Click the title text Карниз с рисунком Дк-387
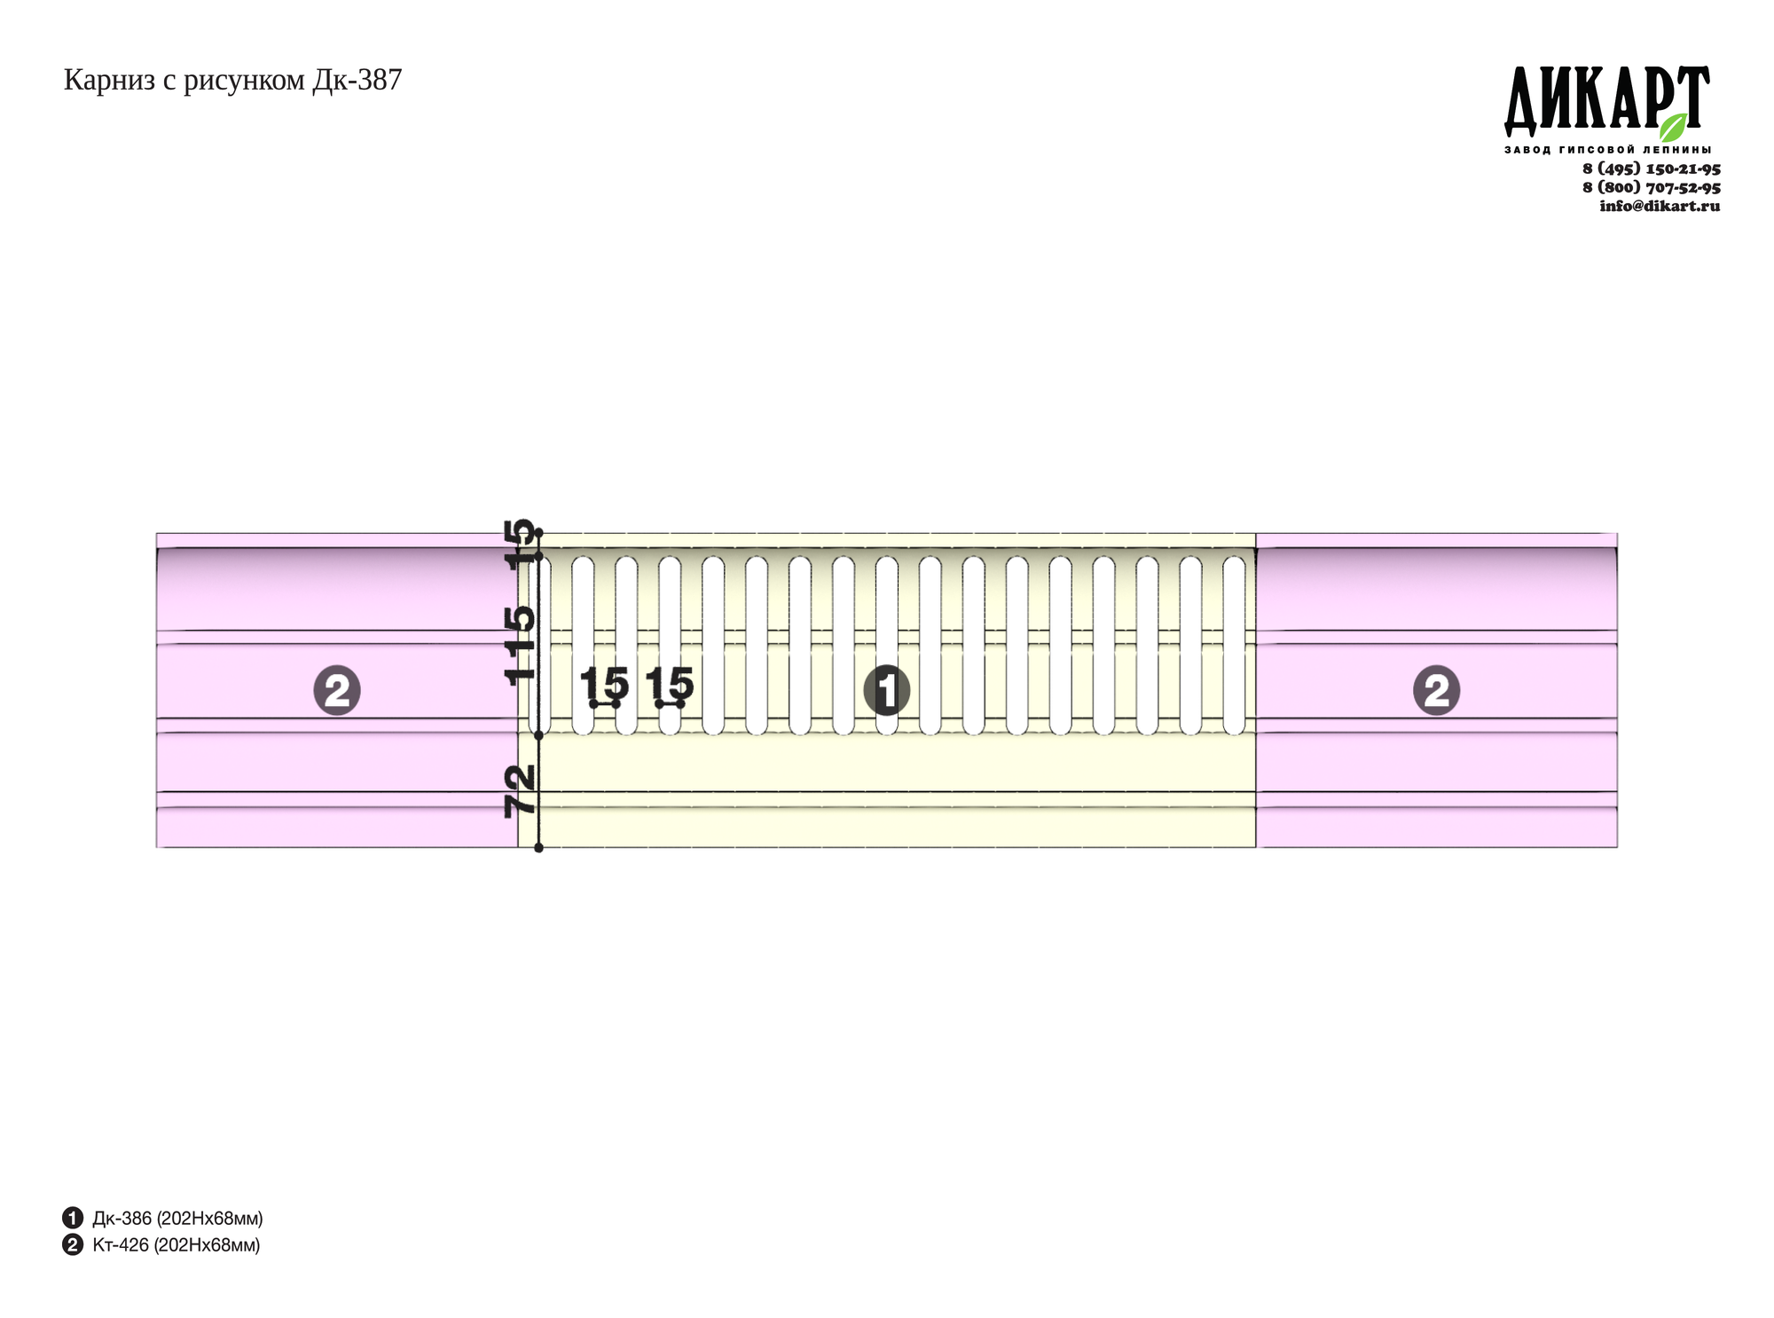click(232, 81)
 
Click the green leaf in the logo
click(1674, 127)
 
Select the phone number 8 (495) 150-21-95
click(1652, 169)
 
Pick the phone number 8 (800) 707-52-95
click(1652, 187)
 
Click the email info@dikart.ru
click(1660, 206)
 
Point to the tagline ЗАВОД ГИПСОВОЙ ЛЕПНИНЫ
click(1607, 149)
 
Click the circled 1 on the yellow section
click(887, 690)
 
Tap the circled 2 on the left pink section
click(337, 690)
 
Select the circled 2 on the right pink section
click(1437, 690)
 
